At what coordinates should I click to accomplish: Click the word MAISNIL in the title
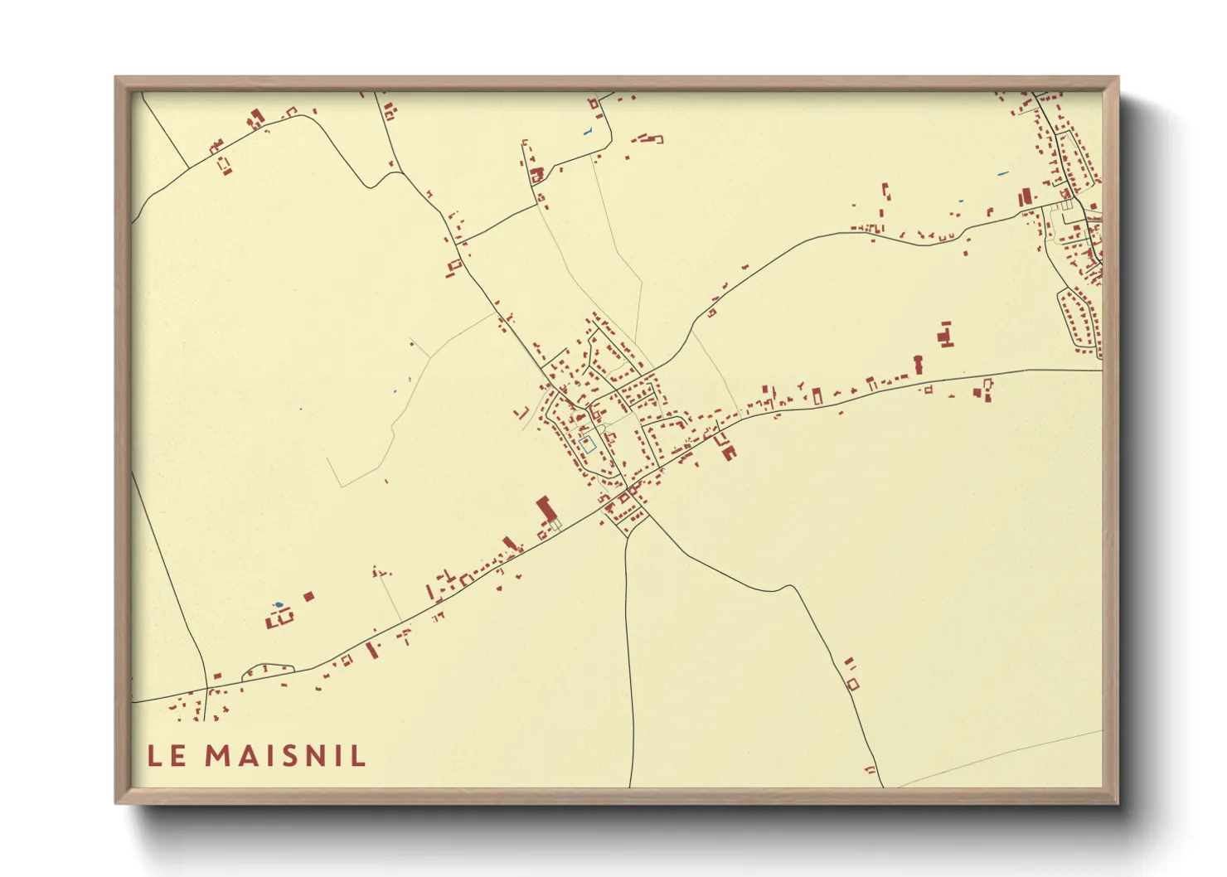(x=285, y=756)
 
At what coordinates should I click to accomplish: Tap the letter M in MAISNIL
(x=218, y=756)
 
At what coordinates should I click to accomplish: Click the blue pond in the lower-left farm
(x=278, y=604)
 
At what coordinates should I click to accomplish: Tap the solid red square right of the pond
(x=309, y=596)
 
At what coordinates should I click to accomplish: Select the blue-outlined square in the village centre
(x=588, y=443)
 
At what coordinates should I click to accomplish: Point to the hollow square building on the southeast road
(x=852, y=684)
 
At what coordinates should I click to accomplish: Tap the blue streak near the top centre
(x=588, y=131)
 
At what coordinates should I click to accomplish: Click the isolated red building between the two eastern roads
(x=945, y=335)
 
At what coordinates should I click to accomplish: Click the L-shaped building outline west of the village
(x=522, y=413)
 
